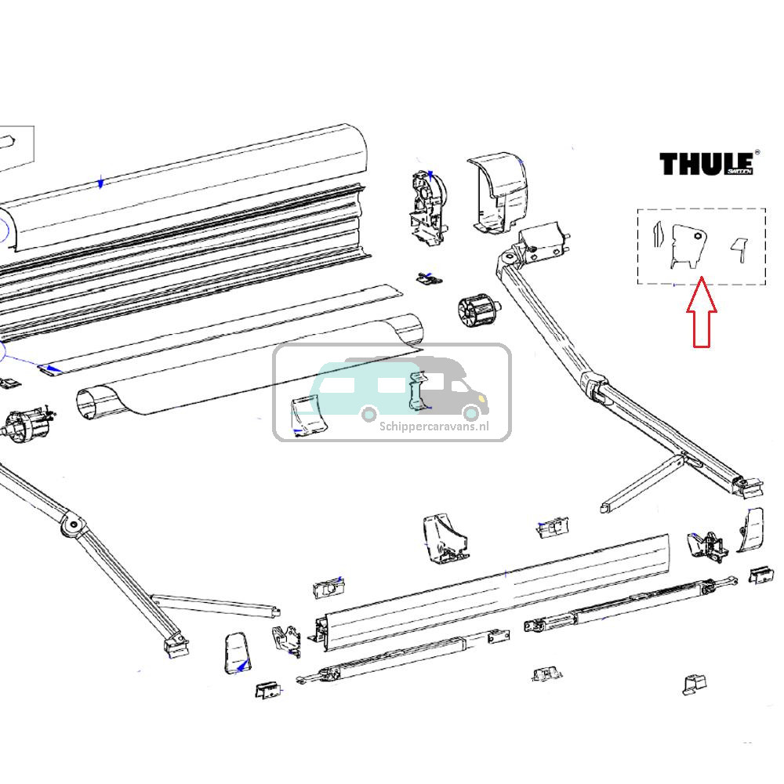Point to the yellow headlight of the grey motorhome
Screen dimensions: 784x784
click(471, 409)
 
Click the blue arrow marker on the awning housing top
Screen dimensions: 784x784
click(100, 183)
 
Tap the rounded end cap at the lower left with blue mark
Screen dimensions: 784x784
click(237, 652)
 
